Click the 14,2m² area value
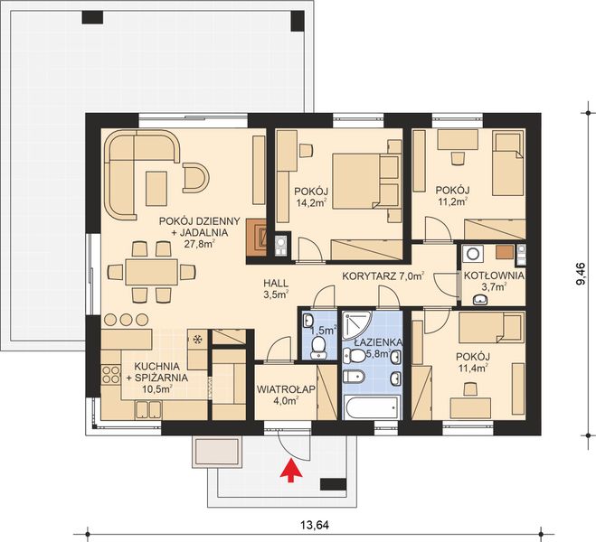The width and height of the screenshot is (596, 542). [x=311, y=203]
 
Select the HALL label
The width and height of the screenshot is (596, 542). [x=276, y=281]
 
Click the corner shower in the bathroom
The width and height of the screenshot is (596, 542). [x=357, y=325]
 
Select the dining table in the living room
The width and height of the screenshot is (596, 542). [x=151, y=270]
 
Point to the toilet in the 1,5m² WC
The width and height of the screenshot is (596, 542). [x=307, y=321]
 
